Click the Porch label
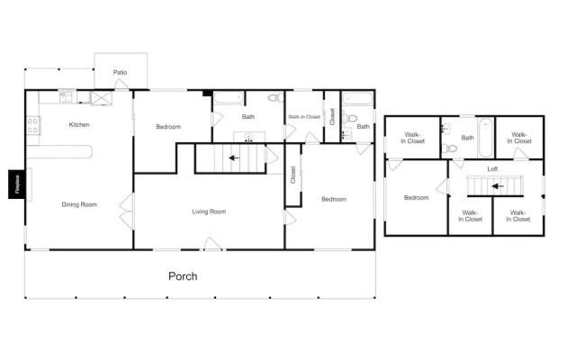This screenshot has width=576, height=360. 183,276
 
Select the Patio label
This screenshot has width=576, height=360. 120,72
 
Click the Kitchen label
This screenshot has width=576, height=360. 79,125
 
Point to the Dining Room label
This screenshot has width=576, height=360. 79,204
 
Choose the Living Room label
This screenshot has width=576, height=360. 209,211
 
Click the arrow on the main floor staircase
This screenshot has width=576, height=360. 233,157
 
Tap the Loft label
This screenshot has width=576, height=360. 492,168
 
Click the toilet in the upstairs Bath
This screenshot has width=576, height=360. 450,148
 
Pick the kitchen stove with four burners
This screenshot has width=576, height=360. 33,127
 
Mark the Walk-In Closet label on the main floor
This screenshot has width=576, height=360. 303,117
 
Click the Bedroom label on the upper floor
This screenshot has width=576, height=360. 416,198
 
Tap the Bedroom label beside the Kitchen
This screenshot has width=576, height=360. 168,127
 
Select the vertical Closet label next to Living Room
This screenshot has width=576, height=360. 292,175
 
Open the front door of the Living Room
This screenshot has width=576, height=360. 211,244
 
